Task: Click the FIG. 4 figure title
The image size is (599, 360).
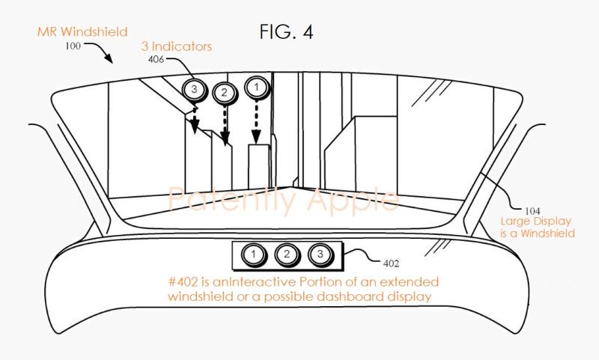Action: [286, 31]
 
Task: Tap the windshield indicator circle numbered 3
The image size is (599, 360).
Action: [195, 90]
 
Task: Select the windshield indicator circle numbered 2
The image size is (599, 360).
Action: [224, 92]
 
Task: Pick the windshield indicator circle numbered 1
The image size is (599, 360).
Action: [256, 88]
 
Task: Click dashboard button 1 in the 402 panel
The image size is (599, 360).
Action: [254, 254]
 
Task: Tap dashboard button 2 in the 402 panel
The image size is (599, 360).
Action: [287, 254]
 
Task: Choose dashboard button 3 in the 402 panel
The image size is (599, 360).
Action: [320, 254]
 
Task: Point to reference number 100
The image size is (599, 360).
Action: [73, 46]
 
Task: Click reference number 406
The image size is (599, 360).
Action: [156, 60]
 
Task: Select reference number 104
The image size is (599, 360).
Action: [532, 211]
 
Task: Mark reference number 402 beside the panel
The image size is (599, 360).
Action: [391, 263]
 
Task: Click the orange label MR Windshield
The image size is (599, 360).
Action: [82, 31]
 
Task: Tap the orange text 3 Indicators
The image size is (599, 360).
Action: [177, 46]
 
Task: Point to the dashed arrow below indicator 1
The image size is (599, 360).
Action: [256, 122]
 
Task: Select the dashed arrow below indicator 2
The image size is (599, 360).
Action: [225, 125]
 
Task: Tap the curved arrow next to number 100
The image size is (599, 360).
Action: [100, 52]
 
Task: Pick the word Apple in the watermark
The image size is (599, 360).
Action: [353, 201]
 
